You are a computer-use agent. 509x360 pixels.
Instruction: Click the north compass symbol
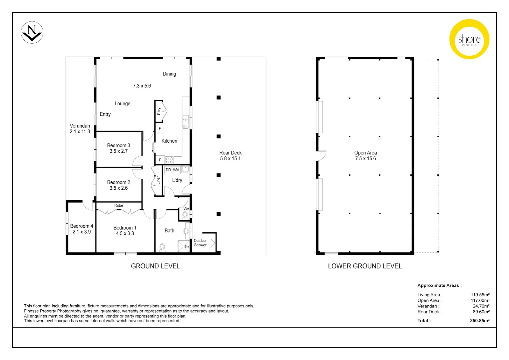[x=32, y=32]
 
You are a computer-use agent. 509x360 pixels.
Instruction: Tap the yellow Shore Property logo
[x=469, y=39]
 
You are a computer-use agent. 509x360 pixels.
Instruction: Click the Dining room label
[x=169, y=74]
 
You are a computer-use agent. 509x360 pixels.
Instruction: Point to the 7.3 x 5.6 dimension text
[x=142, y=86]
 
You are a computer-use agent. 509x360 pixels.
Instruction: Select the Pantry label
[x=159, y=111]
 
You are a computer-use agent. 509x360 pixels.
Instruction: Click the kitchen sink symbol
[x=186, y=122]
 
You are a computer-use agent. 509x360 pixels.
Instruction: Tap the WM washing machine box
[x=176, y=170]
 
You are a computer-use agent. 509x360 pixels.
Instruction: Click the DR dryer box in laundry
[x=168, y=170]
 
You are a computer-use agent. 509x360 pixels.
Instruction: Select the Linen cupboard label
[x=158, y=180]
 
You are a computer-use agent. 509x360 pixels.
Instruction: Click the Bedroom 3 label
[x=119, y=145]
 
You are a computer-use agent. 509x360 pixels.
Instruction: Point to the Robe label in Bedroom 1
[x=119, y=205]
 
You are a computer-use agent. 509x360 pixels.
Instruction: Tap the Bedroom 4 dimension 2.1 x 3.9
[x=82, y=232]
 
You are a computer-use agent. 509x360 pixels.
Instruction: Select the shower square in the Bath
[x=183, y=246]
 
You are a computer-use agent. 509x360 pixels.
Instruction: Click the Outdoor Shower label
[x=200, y=243]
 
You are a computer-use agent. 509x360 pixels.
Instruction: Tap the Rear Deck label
[x=231, y=153]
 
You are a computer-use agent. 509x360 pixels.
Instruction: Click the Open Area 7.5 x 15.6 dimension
[x=365, y=159]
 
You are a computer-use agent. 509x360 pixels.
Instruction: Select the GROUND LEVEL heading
[x=155, y=266]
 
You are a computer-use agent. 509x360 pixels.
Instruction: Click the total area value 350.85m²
[x=480, y=321]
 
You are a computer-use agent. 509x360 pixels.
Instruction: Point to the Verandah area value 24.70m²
[x=481, y=306]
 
